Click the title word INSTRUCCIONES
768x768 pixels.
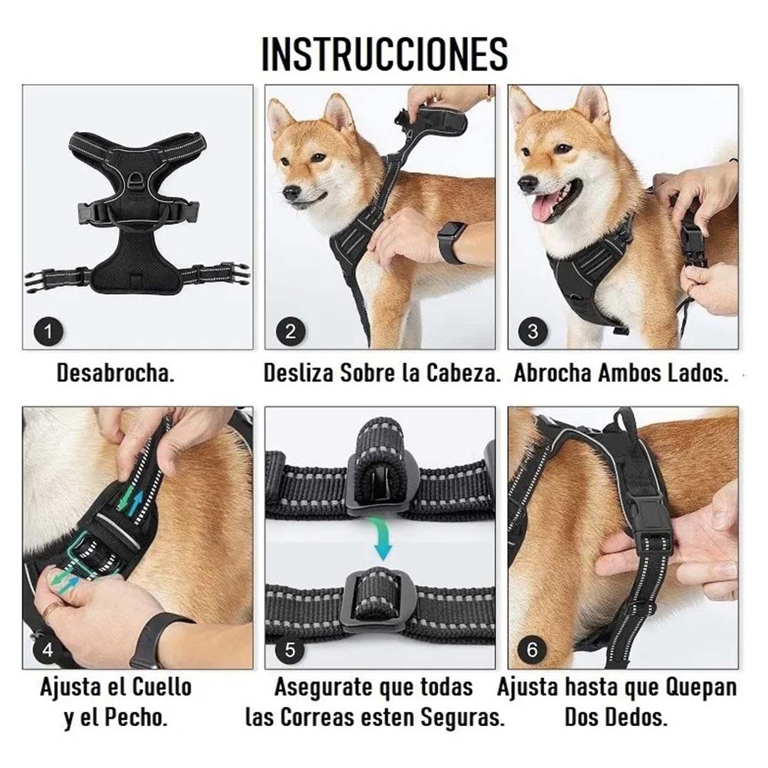pos(385,54)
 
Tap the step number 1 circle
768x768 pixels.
pos(49,331)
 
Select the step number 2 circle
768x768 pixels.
pos(291,331)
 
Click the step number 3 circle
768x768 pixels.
pos(533,331)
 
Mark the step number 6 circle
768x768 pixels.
pos(533,649)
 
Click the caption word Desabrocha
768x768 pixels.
pos(116,373)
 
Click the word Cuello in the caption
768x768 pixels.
pos(161,688)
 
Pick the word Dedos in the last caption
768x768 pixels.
pos(636,717)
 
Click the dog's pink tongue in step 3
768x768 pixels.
pos(544,208)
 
